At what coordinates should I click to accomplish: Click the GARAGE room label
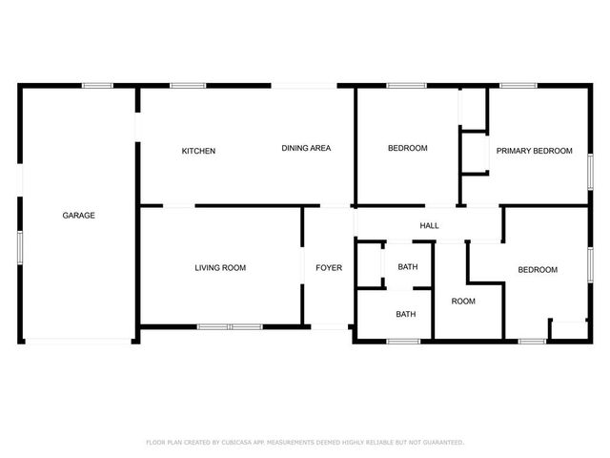tap(79, 216)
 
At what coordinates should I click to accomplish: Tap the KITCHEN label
tap(199, 152)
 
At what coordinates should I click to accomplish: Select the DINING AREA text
tap(306, 148)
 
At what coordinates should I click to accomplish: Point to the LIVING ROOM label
tap(220, 268)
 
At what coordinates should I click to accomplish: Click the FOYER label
tap(329, 268)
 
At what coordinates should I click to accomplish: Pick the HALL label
tap(430, 226)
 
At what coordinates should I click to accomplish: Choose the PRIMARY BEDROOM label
tap(534, 151)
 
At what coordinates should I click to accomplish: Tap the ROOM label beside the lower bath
tap(463, 302)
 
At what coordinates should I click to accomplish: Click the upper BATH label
tap(407, 266)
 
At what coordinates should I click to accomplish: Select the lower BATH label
tap(406, 314)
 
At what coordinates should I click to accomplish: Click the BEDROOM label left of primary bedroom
tap(407, 148)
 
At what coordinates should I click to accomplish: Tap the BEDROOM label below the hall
tap(538, 270)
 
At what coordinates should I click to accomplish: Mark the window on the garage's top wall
tap(97, 86)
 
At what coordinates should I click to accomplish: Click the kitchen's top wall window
tap(188, 86)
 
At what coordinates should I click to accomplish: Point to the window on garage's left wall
tap(20, 244)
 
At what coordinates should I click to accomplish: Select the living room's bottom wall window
tap(230, 327)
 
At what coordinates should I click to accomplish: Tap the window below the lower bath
tap(404, 341)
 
